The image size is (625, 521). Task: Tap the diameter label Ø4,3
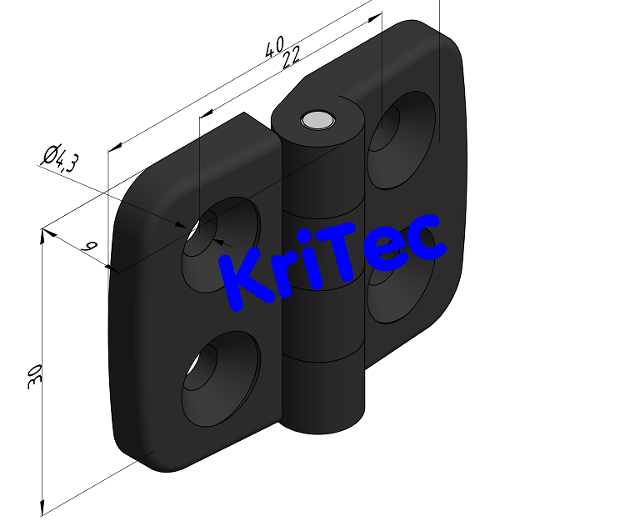coord(59,158)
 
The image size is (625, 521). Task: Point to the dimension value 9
coord(91,247)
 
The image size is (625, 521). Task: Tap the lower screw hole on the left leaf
coord(221,371)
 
